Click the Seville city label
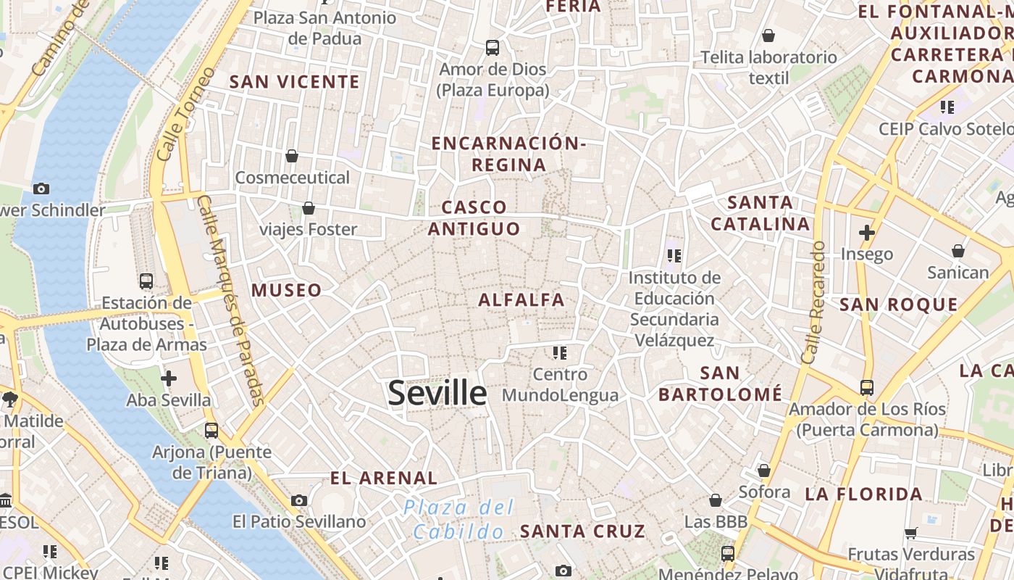(x=437, y=393)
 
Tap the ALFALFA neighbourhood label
(x=521, y=299)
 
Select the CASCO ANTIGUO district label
(x=474, y=218)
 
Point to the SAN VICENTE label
(x=294, y=82)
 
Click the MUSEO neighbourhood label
(x=286, y=291)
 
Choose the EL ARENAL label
(x=384, y=478)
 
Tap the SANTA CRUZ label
(x=582, y=531)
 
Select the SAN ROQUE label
(x=898, y=304)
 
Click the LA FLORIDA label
(x=864, y=494)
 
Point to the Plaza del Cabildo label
(x=459, y=519)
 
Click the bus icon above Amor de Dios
(x=493, y=48)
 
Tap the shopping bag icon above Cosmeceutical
(x=292, y=156)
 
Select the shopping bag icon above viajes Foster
(x=309, y=208)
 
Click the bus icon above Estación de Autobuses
(x=146, y=281)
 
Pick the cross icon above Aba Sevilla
(x=169, y=378)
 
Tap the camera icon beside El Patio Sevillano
(x=299, y=500)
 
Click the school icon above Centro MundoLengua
(x=559, y=353)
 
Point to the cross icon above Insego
(x=866, y=233)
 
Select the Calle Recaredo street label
(x=813, y=302)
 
